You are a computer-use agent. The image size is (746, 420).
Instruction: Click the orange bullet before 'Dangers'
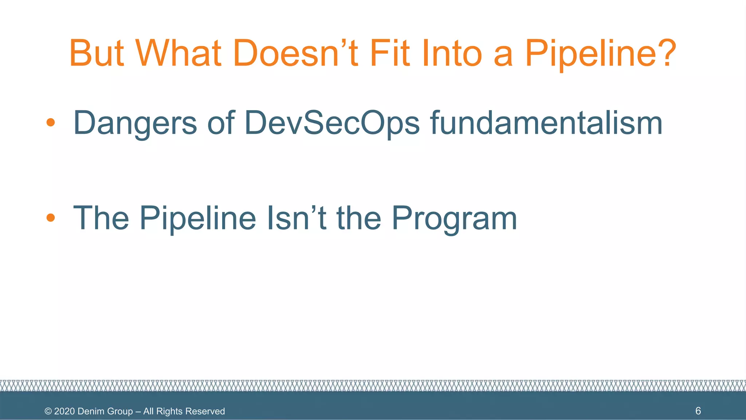[x=51, y=122]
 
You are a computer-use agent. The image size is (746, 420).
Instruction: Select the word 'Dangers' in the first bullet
[x=135, y=123]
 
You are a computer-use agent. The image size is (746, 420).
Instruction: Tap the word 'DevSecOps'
[x=332, y=123]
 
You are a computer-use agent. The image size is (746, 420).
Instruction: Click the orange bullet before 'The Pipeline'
[x=51, y=218]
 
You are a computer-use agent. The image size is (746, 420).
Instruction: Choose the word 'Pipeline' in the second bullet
[x=198, y=218]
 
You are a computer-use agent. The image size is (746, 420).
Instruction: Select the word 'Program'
[x=454, y=219]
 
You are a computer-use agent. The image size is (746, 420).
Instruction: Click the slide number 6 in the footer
[x=698, y=411]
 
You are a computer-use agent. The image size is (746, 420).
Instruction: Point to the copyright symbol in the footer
[x=48, y=411]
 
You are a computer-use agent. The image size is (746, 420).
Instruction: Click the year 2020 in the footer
[x=64, y=411]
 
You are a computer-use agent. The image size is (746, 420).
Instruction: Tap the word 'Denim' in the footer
[x=90, y=411]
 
